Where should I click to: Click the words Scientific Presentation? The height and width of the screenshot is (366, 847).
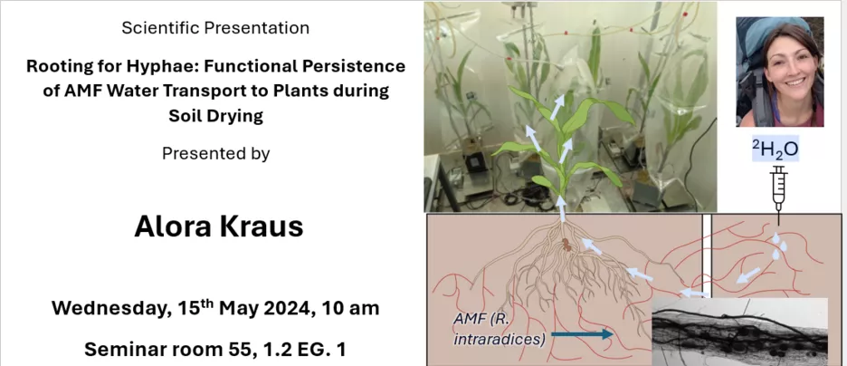[x=215, y=28]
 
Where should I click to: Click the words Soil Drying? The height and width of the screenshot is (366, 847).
[x=215, y=116]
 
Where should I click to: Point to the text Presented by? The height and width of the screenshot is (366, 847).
[x=215, y=154]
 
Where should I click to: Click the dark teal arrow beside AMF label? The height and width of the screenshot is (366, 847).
[x=581, y=334]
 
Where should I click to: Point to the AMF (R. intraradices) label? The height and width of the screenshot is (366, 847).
[x=497, y=328]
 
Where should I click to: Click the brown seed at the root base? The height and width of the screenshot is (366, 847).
[x=566, y=245]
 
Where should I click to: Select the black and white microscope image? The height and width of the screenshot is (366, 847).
[x=740, y=332]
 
